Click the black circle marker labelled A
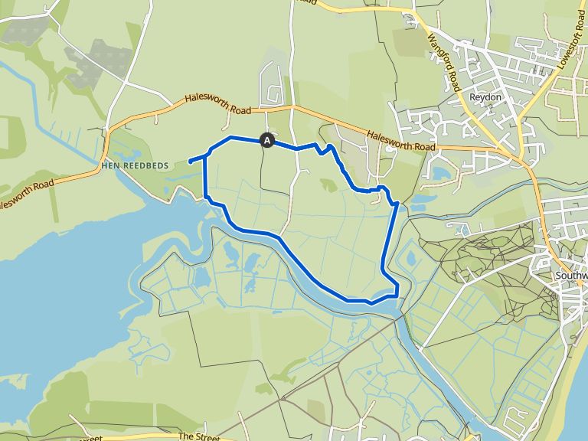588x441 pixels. pos(267,140)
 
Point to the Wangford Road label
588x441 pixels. pos(443,62)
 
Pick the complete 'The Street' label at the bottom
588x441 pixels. pos(198,436)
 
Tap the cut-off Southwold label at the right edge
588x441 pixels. pos(573,275)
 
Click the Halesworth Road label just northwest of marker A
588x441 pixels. pos(218,106)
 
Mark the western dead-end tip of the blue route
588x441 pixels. pos(189,162)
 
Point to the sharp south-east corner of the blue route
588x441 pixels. pos(398,295)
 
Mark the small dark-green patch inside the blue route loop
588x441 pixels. pos(328,185)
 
